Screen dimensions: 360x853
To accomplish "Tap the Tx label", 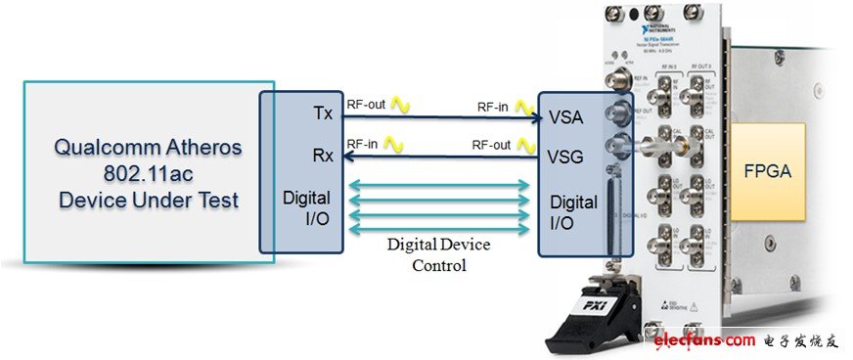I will click(322, 113).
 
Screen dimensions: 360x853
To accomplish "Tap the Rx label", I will click(322, 155).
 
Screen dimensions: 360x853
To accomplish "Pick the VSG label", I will click(567, 156).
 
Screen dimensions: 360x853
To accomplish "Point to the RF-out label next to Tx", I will click(366, 101).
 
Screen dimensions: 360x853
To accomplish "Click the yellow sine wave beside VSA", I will click(528, 103).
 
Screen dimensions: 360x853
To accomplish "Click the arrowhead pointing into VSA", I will click(536, 117).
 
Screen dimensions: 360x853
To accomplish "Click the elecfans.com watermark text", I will click(701, 340).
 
